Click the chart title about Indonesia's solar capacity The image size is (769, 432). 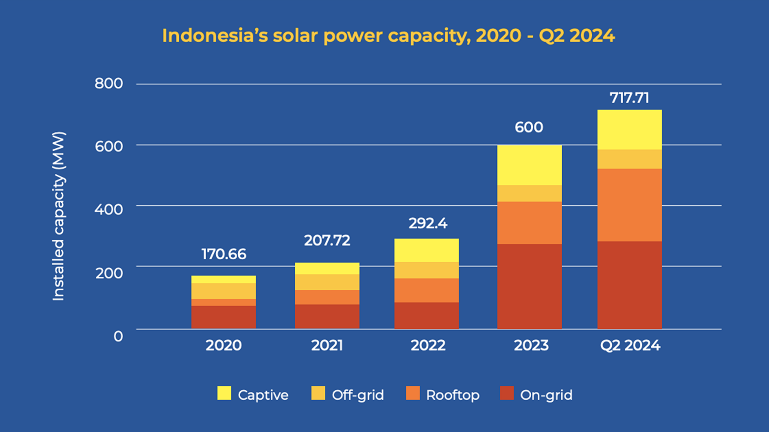click(388, 36)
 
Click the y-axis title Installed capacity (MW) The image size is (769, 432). click(59, 216)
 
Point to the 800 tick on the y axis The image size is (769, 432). click(109, 83)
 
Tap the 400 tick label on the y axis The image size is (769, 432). click(109, 209)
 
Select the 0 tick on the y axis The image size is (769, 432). click(118, 336)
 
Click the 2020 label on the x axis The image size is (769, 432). click(223, 345)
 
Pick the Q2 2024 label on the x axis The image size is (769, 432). click(630, 345)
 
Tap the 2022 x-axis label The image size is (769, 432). click(428, 345)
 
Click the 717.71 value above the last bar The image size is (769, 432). click(629, 98)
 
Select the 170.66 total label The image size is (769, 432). click(224, 254)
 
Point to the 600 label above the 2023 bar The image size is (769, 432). click(529, 127)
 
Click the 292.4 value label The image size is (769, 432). click(428, 223)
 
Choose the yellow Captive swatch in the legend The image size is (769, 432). click(224, 393)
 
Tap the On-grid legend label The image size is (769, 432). click(546, 395)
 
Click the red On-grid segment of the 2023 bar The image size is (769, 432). click(529, 286)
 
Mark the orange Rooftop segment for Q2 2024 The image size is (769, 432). click(629, 205)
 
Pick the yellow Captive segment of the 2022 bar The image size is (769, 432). click(426, 250)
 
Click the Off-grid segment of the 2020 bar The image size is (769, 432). click(223, 291)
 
